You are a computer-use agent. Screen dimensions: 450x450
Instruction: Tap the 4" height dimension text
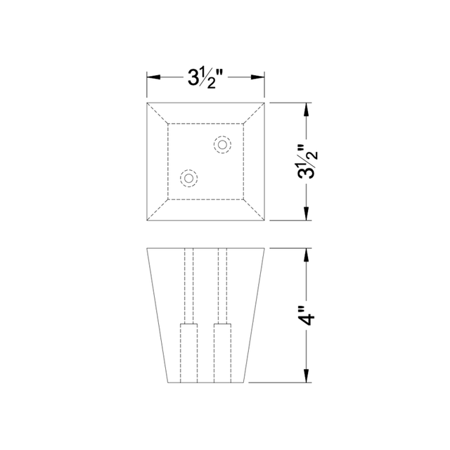click(307, 316)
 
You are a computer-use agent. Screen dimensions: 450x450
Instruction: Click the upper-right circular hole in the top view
click(222, 145)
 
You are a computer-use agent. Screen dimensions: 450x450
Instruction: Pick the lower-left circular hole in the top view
click(188, 179)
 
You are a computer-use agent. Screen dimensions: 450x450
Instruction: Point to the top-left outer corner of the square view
click(146, 103)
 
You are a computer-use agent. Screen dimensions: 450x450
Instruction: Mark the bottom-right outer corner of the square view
click(265, 221)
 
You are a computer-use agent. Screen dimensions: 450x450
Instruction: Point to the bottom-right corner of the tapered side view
click(248, 383)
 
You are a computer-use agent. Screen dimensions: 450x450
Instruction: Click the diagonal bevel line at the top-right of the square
click(255, 113)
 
